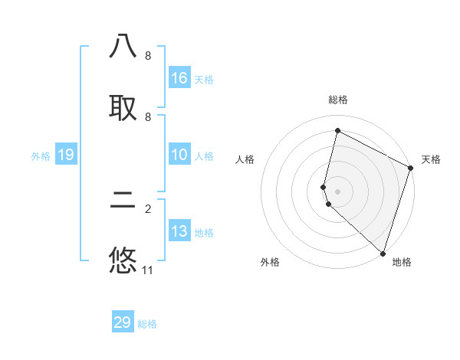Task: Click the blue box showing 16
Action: (179, 78)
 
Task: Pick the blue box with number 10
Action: (179, 155)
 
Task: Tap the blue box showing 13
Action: (179, 231)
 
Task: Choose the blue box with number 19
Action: (66, 155)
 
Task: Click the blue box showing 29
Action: (123, 322)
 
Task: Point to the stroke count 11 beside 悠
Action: (148, 270)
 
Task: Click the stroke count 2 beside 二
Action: (148, 208)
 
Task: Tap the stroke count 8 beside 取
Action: (148, 116)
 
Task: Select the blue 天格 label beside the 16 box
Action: (204, 79)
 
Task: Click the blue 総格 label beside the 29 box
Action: (147, 323)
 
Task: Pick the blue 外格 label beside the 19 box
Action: (41, 155)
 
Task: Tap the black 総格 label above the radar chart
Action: (337, 100)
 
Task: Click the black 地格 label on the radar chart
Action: (401, 262)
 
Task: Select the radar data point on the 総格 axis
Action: (337, 130)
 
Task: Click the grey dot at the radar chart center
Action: (337, 191)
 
